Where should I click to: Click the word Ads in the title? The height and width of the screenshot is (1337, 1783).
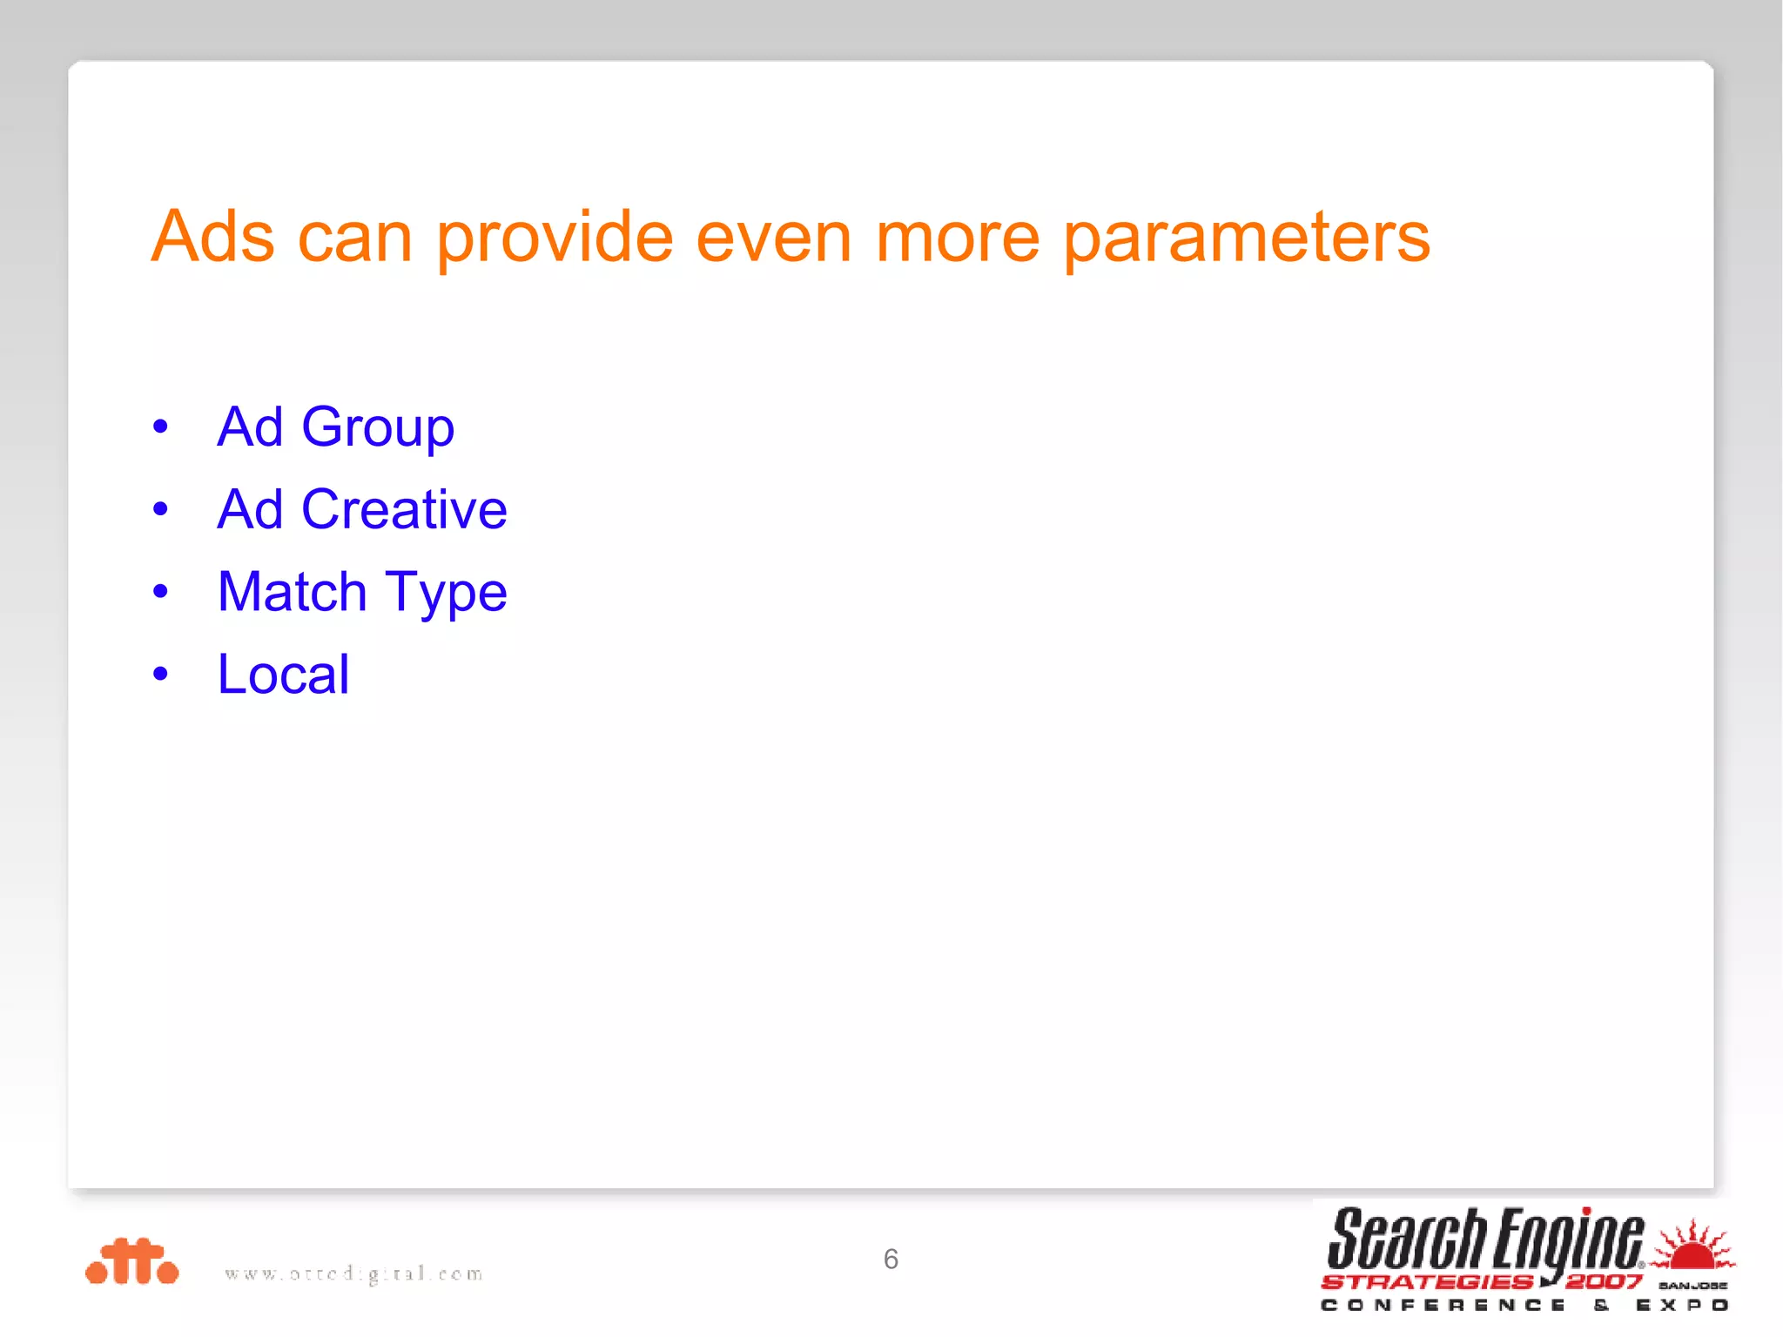213,237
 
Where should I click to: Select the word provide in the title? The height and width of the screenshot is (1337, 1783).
555,237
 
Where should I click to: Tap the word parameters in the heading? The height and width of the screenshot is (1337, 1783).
1246,237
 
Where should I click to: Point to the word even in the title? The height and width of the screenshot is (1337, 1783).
773,237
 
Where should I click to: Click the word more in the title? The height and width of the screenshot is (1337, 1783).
957,237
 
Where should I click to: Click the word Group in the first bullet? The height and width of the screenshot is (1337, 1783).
377,427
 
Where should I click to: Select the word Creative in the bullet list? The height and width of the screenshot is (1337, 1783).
404,509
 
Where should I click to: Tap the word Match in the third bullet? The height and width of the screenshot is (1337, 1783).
293,592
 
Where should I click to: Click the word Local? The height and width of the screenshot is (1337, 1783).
283,675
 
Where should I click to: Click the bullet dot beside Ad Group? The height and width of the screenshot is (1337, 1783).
160,427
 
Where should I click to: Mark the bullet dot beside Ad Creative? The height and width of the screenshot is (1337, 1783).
160,509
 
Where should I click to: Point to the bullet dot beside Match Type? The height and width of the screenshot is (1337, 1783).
160,592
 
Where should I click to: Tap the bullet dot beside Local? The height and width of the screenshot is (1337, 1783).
160,674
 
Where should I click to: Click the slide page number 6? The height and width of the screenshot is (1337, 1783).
891,1259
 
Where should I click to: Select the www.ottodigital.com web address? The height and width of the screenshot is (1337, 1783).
353,1273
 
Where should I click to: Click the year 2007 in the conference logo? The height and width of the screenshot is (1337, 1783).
1603,1281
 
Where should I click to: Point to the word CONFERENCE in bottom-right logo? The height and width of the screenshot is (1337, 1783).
1443,1305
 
